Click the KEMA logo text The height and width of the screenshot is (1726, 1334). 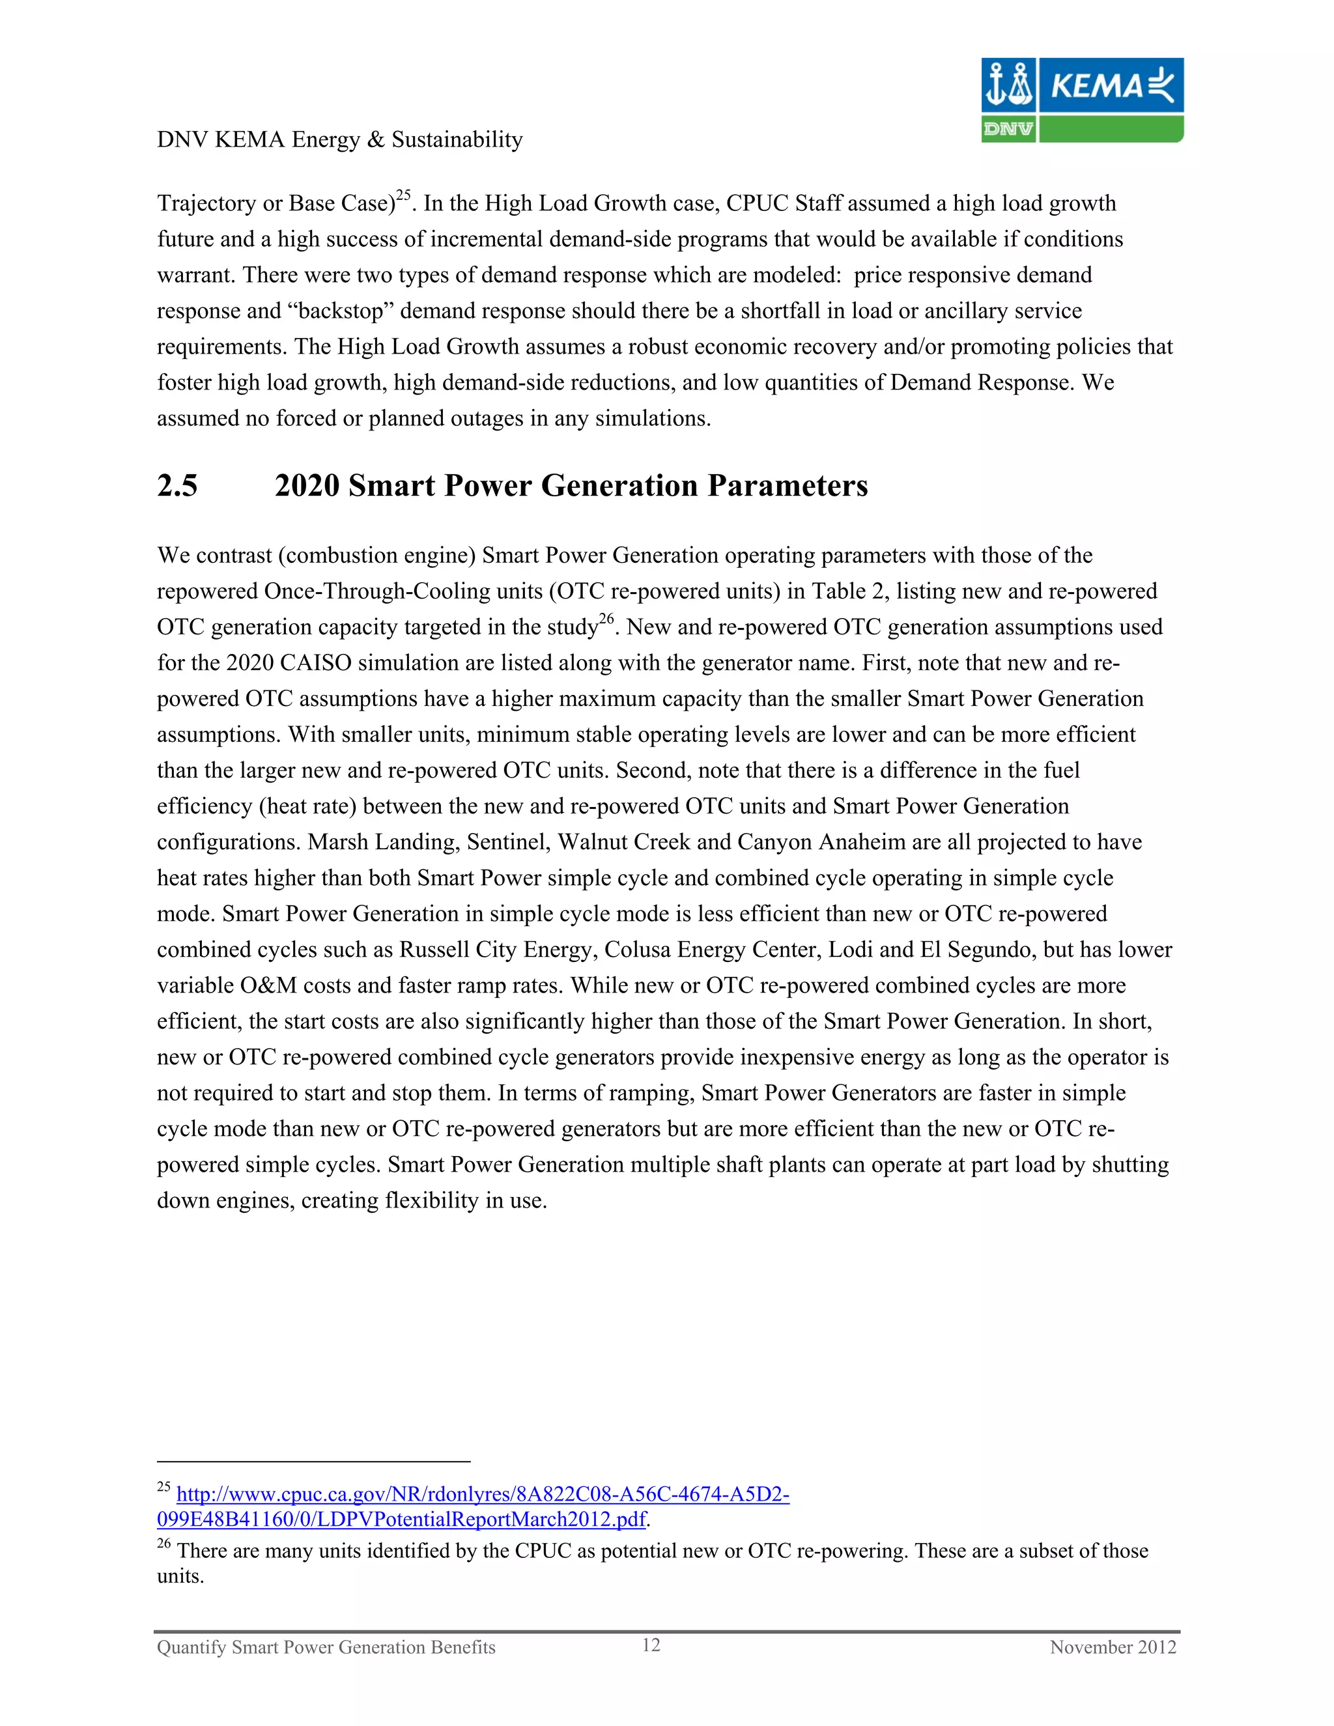pyautogui.click(x=1096, y=85)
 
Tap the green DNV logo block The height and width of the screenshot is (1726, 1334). pyautogui.click(x=1008, y=129)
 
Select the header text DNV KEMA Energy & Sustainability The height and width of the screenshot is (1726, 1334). pyautogui.click(x=340, y=140)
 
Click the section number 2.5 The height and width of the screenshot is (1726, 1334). pyautogui.click(x=177, y=485)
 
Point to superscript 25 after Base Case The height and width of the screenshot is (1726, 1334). pyautogui.click(x=403, y=194)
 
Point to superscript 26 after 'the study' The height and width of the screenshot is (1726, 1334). pyautogui.click(x=606, y=618)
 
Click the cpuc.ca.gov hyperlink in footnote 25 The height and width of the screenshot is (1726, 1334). pyautogui.click(x=482, y=1494)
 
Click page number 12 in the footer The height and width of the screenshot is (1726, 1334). pyautogui.click(x=651, y=1645)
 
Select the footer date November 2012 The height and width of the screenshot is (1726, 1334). pyautogui.click(x=1113, y=1647)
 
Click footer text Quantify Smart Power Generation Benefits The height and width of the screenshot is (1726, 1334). pyautogui.click(x=326, y=1647)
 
